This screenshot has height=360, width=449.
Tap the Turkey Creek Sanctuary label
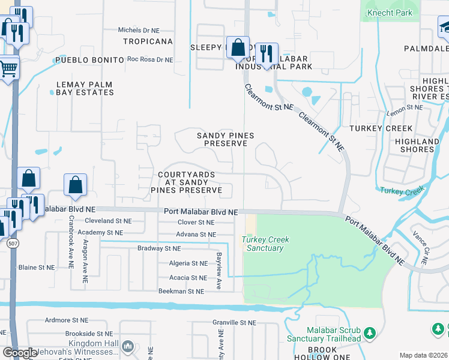pyautogui.click(x=265, y=244)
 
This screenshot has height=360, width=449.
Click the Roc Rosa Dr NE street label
pyautogui.click(x=149, y=60)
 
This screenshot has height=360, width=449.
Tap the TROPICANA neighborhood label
pyautogui.click(x=148, y=42)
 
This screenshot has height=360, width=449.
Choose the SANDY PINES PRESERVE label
pyautogui.click(x=222, y=140)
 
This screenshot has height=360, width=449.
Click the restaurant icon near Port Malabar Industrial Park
pyautogui.click(x=265, y=53)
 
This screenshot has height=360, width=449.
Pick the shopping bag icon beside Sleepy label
pyautogui.click(x=238, y=47)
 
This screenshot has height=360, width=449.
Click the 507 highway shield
pyautogui.click(x=13, y=244)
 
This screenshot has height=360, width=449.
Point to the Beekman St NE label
pyautogui.click(x=181, y=291)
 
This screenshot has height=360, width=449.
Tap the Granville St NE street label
pyautogui.click(x=235, y=322)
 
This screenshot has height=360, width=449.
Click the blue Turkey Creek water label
pyautogui.click(x=402, y=191)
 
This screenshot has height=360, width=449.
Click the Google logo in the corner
pyautogui.click(x=20, y=353)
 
